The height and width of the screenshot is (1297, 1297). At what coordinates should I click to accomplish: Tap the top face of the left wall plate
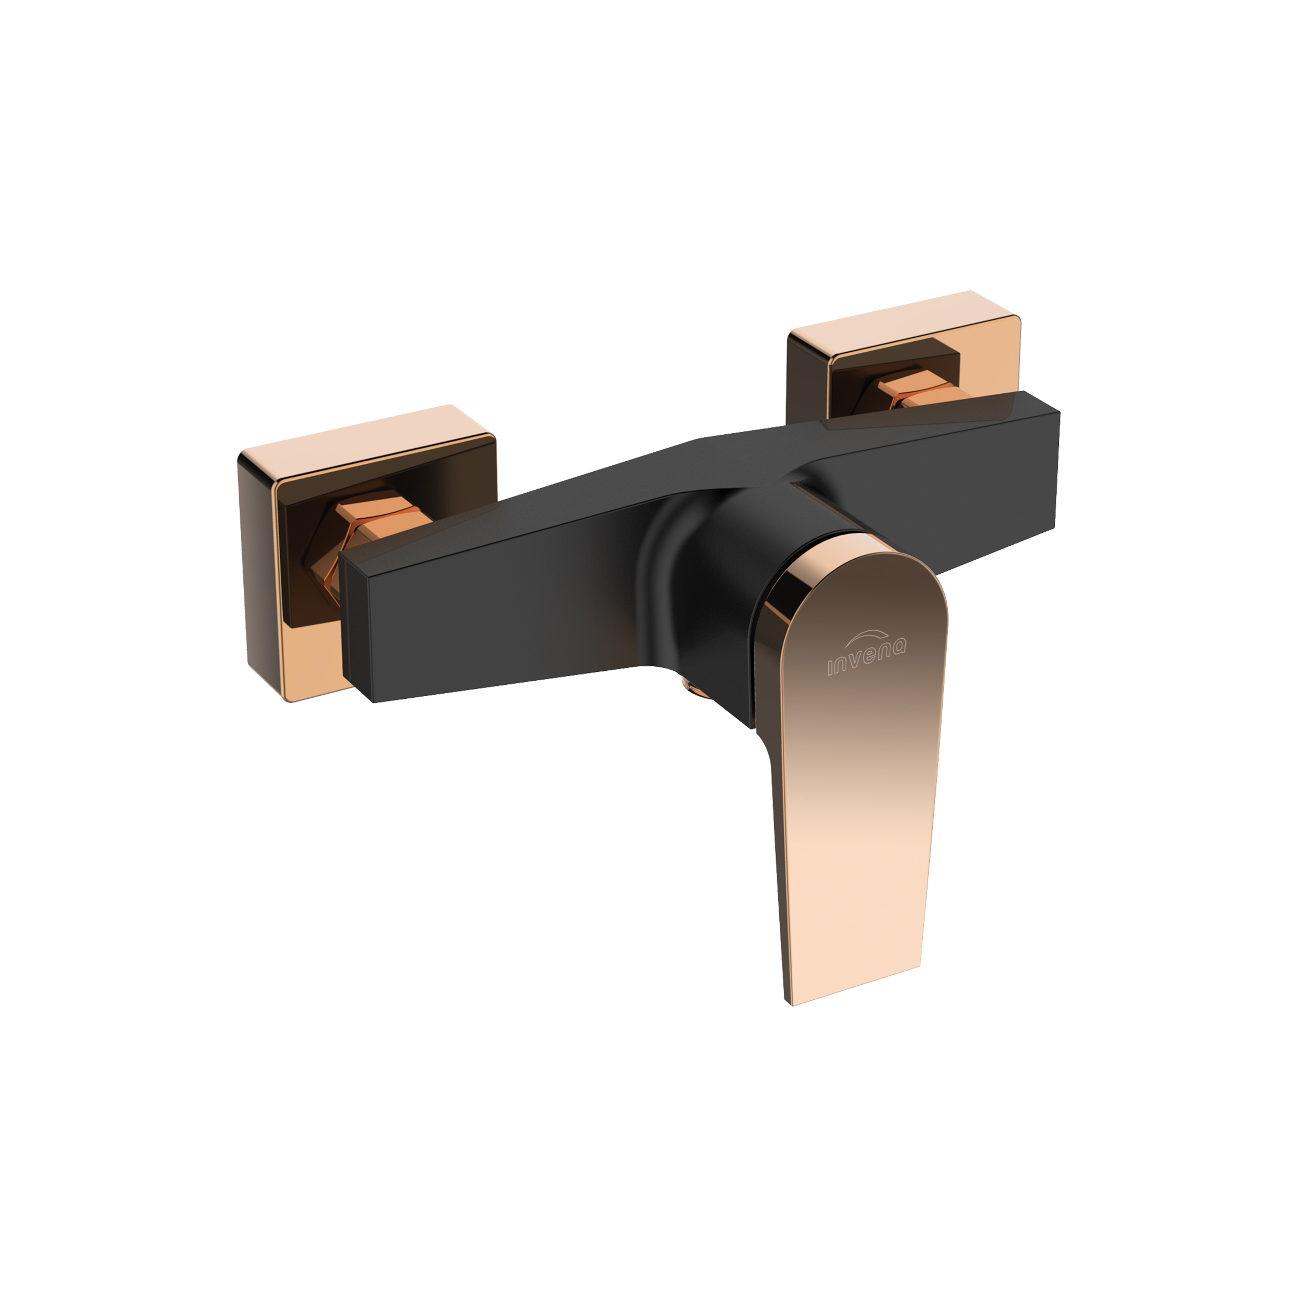[366, 440]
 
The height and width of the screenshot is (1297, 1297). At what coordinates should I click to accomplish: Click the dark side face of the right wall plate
[809, 383]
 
